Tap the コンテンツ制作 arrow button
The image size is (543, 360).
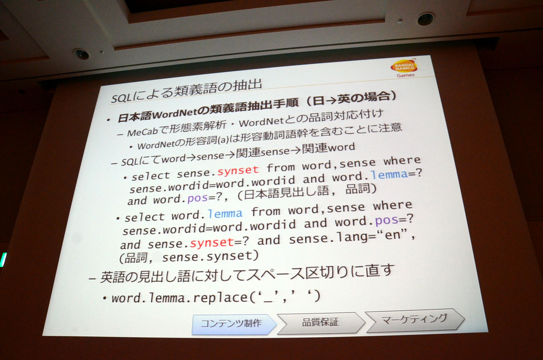pos(234,324)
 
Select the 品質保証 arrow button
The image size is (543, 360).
pos(321,323)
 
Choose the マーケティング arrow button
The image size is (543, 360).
pos(414,320)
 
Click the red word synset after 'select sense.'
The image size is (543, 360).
pos(238,170)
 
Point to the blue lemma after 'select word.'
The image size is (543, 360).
pos(225,214)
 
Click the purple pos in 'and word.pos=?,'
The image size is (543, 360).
pos(198,199)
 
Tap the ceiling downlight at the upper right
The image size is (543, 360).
pos(425,19)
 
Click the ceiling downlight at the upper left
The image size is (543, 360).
pos(81,54)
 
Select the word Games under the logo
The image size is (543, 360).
pos(406,76)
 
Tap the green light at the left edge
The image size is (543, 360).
pos(3,259)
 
